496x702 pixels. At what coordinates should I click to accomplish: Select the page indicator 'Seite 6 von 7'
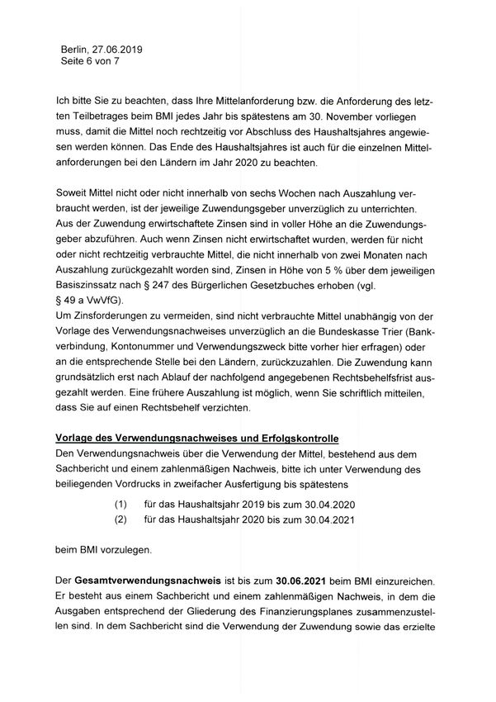[x=90, y=61]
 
